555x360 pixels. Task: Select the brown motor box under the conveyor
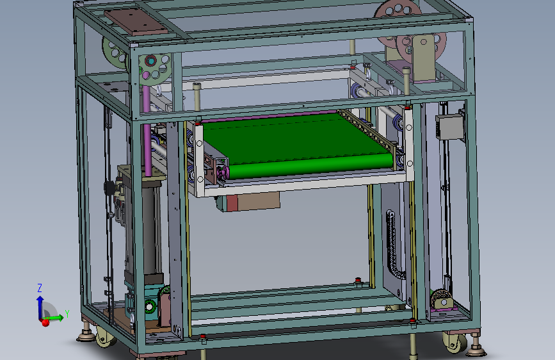(x=256, y=201)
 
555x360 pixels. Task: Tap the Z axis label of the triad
(x=40, y=288)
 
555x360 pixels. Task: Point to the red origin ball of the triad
(x=45, y=322)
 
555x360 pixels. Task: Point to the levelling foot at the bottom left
(x=84, y=335)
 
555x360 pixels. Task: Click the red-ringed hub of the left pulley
(x=151, y=61)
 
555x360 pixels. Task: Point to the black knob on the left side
(x=109, y=188)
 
